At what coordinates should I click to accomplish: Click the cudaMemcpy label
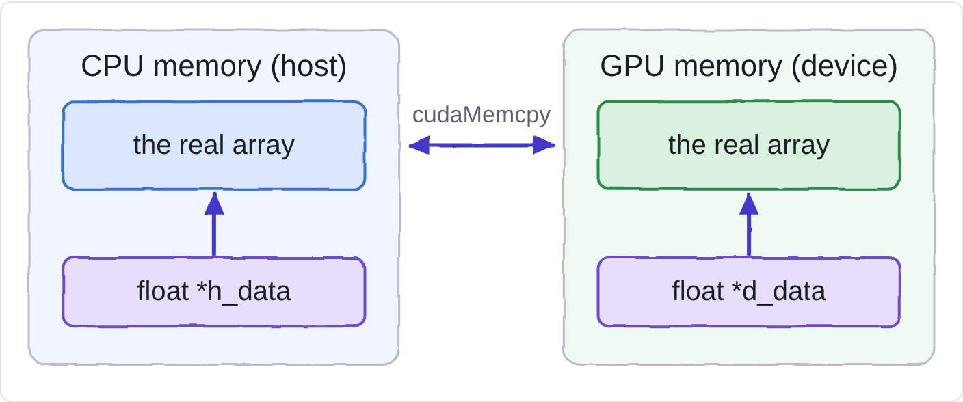coord(481,116)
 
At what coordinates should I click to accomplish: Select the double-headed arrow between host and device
coord(481,145)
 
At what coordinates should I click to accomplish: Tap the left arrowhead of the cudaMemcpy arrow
coord(419,145)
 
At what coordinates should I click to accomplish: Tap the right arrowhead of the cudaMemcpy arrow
coord(544,145)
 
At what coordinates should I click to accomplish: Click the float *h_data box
coord(214,292)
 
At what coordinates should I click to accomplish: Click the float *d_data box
coord(749,292)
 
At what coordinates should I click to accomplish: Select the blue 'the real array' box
coord(214,146)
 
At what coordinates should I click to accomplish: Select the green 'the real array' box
coord(749,146)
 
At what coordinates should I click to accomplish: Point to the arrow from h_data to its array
coord(214,224)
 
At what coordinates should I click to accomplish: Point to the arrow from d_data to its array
coord(749,224)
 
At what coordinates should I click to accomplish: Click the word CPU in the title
coord(112,66)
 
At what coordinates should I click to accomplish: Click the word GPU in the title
coord(632,66)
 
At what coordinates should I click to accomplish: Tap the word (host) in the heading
coord(308,67)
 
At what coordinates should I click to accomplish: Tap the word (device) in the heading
coord(845,67)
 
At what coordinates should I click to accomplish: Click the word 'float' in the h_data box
coord(163,291)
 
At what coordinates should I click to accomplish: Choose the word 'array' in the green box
coord(798,148)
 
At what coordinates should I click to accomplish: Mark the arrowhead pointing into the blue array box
coord(214,204)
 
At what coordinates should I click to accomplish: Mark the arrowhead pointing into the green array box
coord(749,204)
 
